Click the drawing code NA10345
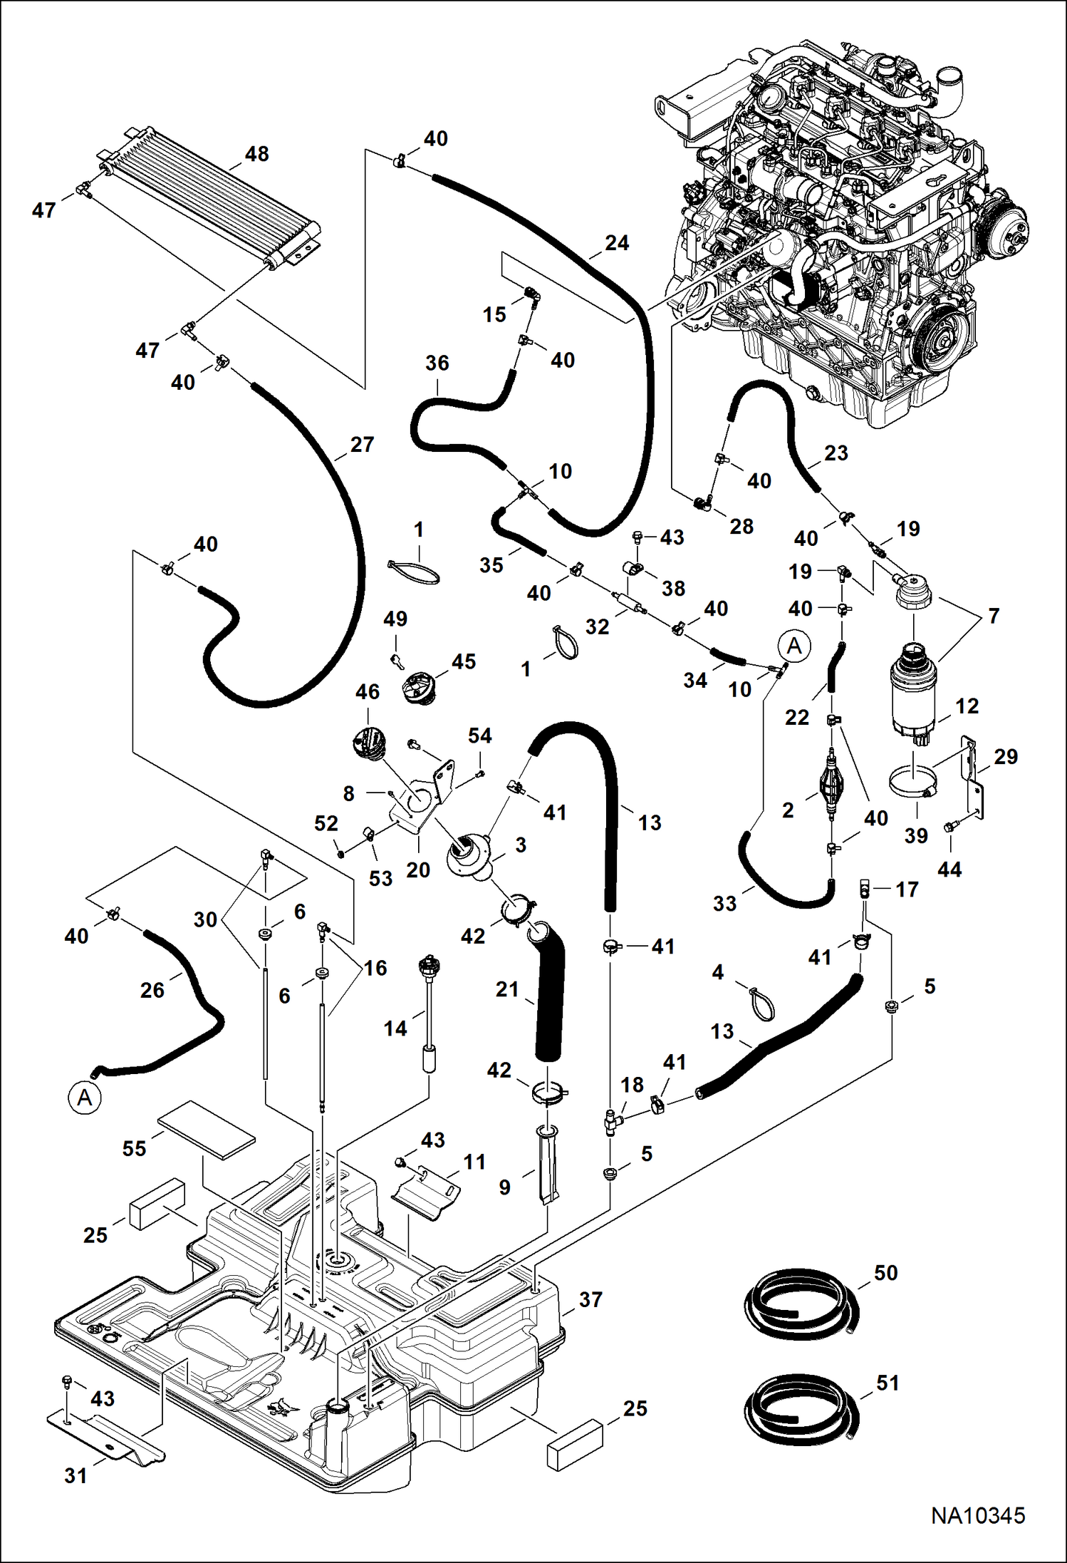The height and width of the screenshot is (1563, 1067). (x=978, y=1515)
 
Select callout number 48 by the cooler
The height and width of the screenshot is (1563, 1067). (x=257, y=154)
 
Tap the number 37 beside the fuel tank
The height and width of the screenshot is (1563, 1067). (x=590, y=1299)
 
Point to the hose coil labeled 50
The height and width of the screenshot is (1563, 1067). (x=801, y=1302)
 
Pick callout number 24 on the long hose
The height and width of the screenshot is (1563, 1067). (x=617, y=243)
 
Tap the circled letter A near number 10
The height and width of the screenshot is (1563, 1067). (x=794, y=646)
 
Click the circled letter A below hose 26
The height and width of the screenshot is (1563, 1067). (x=85, y=1098)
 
